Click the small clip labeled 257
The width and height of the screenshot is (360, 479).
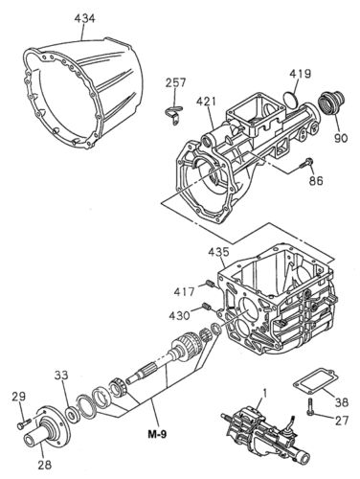(x=171, y=115)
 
